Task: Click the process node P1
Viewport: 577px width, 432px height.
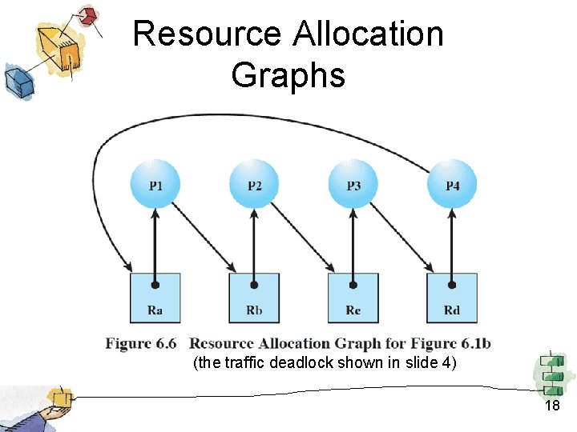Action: pyautogui.click(x=155, y=184)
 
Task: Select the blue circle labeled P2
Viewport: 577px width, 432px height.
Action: pyautogui.click(x=254, y=184)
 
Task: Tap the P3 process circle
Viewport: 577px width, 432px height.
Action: pyautogui.click(x=353, y=184)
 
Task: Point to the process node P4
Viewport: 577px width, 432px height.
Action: pyautogui.click(x=453, y=184)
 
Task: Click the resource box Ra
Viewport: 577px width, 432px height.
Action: pyautogui.click(x=155, y=298)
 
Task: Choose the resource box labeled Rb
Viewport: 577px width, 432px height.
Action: pyautogui.click(x=254, y=298)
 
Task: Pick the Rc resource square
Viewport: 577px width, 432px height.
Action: pyautogui.click(x=353, y=298)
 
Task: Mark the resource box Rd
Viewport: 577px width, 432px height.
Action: pyautogui.click(x=453, y=298)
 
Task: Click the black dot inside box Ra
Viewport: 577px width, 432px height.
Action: pyautogui.click(x=155, y=284)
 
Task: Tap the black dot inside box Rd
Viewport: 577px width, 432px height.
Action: pyautogui.click(x=453, y=284)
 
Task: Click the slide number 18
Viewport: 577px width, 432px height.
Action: pyautogui.click(x=552, y=406)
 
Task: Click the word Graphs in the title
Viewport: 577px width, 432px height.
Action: pyautogui.click(x=288, y=75)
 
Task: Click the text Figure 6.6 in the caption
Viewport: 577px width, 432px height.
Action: pyautogui.click(x=141, y=344)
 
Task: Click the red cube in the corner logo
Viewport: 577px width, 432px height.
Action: pyautogui.click(x=90, y=16)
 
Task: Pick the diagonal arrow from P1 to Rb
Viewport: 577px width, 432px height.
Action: pyautogui.click(x=205, y=237)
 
